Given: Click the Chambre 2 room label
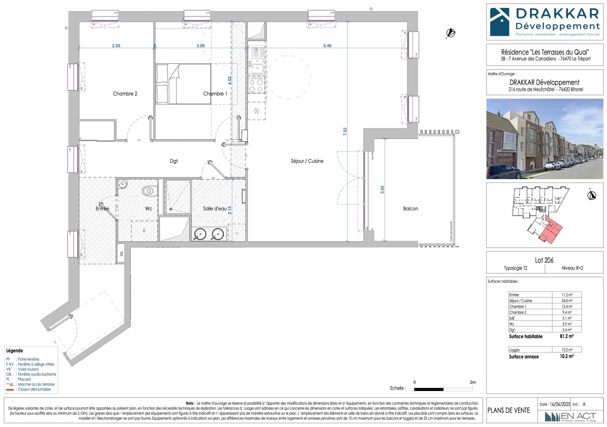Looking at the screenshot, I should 125,94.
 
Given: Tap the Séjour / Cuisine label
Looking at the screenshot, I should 307,161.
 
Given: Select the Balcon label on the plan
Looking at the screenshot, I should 410,209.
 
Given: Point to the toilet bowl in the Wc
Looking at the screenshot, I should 149,191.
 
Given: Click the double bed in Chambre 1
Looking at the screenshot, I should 183,84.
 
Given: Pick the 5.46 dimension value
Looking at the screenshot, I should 327,46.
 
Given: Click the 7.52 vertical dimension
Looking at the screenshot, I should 345,131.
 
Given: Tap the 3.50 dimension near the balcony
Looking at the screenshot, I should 382,190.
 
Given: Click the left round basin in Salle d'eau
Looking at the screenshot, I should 200,234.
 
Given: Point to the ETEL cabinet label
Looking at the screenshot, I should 122,253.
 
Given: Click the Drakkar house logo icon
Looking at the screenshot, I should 500,22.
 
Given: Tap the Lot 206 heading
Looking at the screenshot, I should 544,260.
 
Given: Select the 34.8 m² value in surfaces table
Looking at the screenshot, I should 567,301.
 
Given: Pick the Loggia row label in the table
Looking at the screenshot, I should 514,350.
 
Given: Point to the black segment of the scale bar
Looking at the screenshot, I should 428,389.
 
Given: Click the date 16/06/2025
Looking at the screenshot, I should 560,404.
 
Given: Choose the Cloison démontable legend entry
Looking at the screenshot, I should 34,389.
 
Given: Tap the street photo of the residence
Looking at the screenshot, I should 544,139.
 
